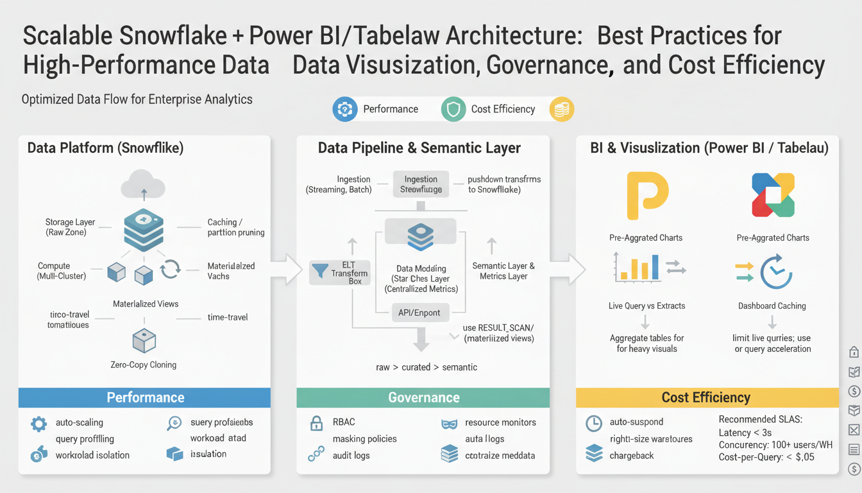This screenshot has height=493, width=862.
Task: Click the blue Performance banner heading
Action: coord(145,397)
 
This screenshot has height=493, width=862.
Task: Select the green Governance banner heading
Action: coord(423,397)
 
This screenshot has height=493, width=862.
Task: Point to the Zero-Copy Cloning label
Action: coord(144,365)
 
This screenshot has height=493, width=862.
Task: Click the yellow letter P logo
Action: coord(646,196)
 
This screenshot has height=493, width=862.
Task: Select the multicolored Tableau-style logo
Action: coord(773,195)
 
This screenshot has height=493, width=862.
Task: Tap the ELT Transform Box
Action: coord(339,272)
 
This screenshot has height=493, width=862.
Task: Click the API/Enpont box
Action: coord(419,313)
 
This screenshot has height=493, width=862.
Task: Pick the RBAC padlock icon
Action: coord(316,423)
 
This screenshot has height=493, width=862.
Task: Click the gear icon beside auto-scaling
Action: coord(39,423)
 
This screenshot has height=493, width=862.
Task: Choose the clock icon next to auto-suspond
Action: coord(594,423)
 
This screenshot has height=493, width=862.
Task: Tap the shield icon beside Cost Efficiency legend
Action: coord(453,109)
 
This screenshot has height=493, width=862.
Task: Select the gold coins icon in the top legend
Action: coord(561,109)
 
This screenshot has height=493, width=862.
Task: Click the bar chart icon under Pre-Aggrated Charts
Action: coord(636,267)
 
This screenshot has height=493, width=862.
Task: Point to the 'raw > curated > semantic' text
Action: coord(427,367)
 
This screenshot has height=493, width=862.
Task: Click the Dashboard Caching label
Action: coord(772,306)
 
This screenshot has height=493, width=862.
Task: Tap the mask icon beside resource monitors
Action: coord(448,423)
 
